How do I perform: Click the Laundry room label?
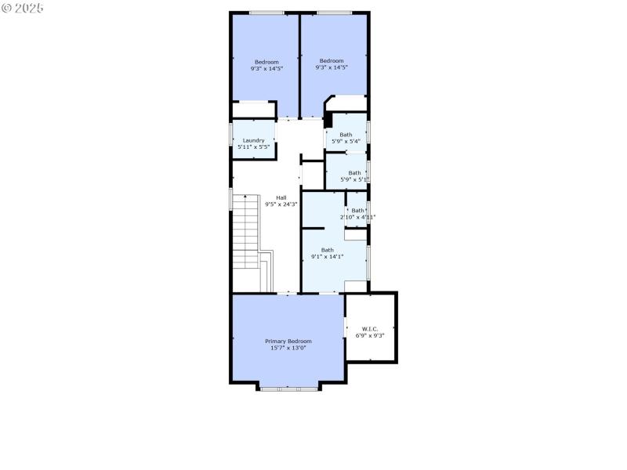coord(253,140)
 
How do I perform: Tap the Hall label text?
coord(281,197)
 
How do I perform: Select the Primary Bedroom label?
coord(288,341)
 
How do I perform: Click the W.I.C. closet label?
coord(370,328)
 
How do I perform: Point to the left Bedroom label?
coord(266,61)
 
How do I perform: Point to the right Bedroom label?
coord(332,61)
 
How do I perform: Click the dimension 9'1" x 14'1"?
coord(327,257)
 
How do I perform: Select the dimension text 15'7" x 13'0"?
coord(288,348)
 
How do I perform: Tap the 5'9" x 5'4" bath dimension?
coord(346,141)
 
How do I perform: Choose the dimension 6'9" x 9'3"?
coord(370,335)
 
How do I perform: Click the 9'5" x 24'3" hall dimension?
coord(281,204)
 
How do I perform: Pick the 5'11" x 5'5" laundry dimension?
coord(253,147)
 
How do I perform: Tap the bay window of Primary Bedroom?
coord(288,388)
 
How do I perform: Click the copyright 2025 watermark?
coord(23,7)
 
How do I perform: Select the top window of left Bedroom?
coord(266,12)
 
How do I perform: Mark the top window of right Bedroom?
coord(334,12)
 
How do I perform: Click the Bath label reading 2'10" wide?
coord(357,210)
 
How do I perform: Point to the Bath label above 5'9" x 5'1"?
coord(354,172)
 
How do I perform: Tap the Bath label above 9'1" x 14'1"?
coord(327,250)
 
